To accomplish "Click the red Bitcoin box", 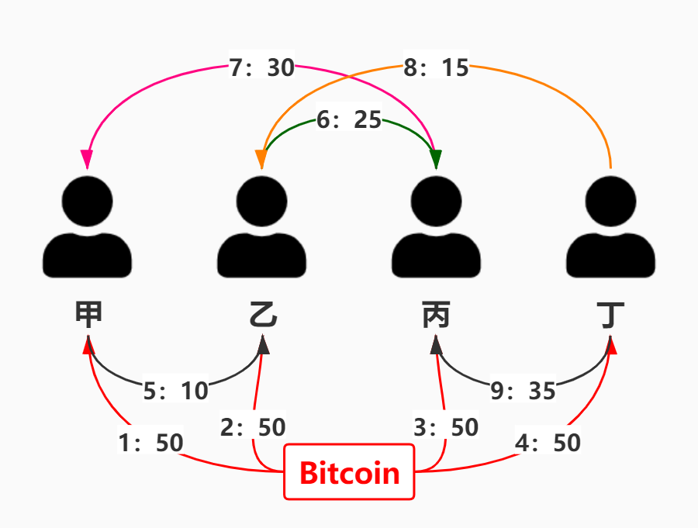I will (349, 471).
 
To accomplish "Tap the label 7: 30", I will (262, 68).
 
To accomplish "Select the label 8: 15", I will (437, 68).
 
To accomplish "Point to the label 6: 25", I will (349, 120).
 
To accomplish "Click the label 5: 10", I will (176, 391).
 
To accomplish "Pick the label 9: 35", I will (523, 391).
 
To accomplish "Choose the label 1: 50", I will (151, 443).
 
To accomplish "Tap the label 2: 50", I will (253, 427).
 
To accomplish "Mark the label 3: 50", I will (446, 427).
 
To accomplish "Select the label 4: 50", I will (548, 443).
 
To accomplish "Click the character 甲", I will (88, 316).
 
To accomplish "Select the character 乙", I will (262, 316).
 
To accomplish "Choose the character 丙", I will (437, 316).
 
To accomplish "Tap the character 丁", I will (611, 316).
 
